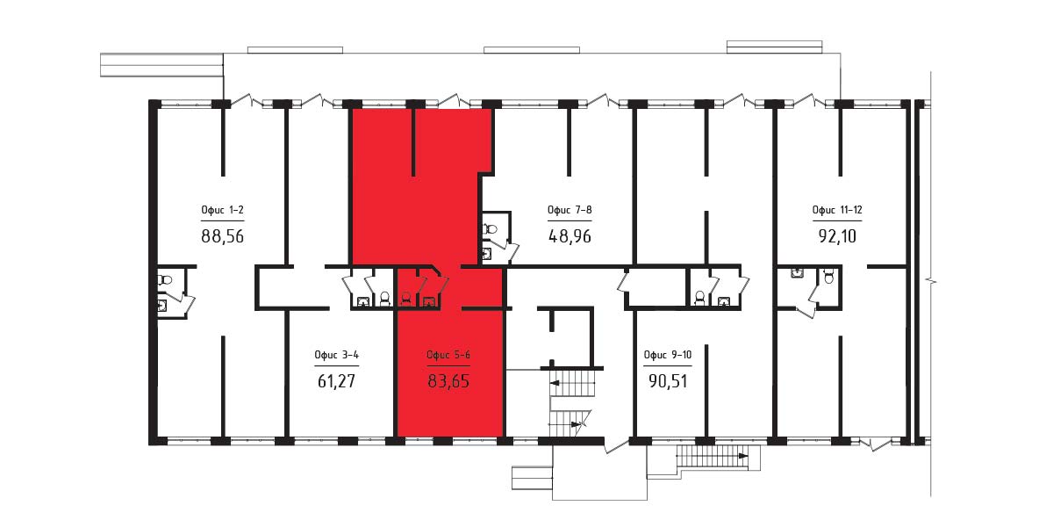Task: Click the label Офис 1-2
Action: click(222, 210)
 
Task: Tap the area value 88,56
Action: click(222, 235)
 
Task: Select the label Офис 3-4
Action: click(337, 354)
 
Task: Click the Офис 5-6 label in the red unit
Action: click(448, 354)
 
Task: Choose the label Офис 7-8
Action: click(570, 210)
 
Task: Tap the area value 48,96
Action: click(570, 235)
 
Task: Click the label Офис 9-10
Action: click(667, 354)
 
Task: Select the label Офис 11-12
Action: click(837, 210)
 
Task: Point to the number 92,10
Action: click(837, 235)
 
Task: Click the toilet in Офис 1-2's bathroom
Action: click(164, 280)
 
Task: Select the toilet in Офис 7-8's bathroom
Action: click(490, 229)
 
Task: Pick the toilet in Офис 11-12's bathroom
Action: click(828, 277)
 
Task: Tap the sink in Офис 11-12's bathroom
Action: click(798, 272)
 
